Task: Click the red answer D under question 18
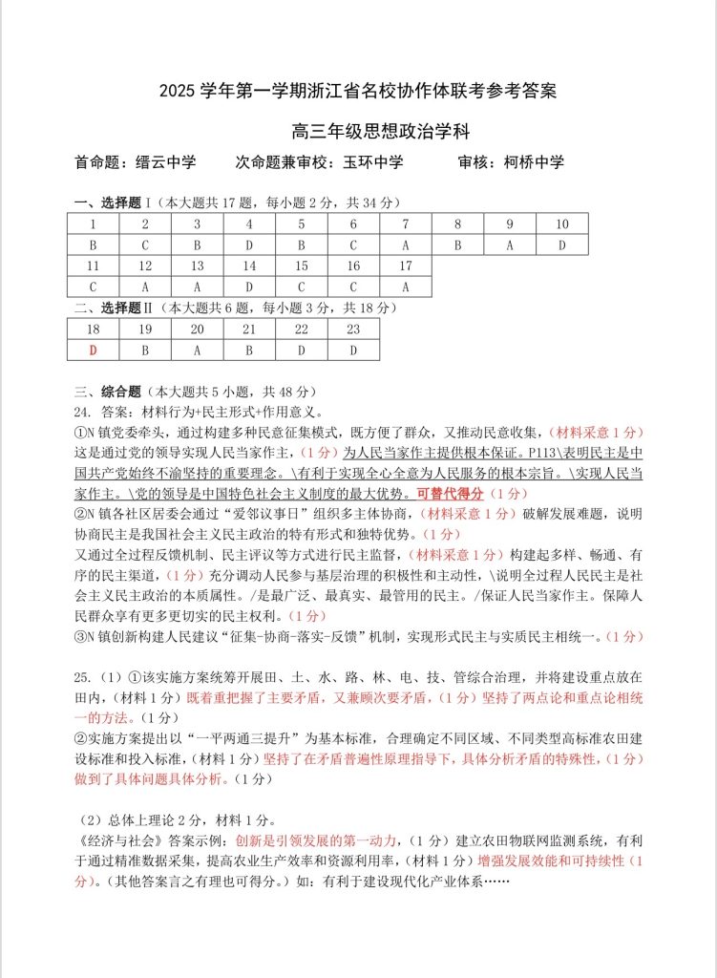point(93,350)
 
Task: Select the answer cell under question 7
point(405,244)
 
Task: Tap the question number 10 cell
point(561,224)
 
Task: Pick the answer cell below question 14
point(249,287)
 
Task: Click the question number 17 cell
point(405,266)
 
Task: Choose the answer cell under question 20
point(197,350)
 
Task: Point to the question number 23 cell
point(352,329)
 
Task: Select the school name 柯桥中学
point(534,162)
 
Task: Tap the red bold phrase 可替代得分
point(450,494)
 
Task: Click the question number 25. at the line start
point(82,677)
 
